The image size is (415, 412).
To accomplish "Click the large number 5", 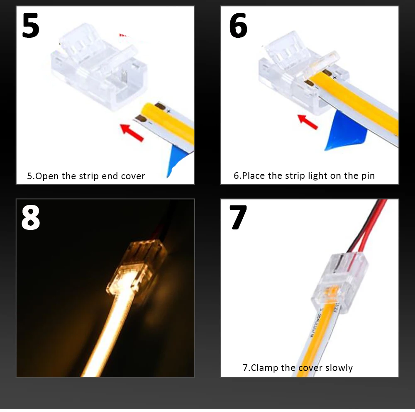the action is coord(31,25).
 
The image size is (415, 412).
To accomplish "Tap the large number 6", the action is coord(238,25).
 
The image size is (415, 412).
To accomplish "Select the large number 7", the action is coord(238,217).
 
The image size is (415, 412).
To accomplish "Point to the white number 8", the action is coord(31,217).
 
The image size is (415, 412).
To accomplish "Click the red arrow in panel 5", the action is coord(132,133).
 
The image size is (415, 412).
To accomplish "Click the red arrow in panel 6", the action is coord(308,122).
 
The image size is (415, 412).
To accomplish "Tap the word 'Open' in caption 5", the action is coord(46,176).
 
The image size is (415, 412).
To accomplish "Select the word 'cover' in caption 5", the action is coord(133,176).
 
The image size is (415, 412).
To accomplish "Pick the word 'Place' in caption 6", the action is coord(253,176).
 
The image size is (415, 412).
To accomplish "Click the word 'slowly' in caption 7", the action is coord(339,368).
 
